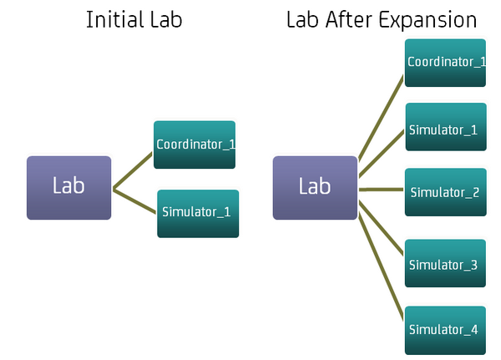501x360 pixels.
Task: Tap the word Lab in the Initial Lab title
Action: (164, 20)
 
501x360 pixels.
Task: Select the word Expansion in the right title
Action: (429, 20)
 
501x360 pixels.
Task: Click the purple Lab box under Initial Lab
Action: (68, 187)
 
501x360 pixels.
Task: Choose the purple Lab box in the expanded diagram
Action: (315, 187)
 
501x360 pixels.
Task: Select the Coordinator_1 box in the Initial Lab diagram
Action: (195, 145)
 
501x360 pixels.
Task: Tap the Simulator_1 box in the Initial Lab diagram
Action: (198, 212)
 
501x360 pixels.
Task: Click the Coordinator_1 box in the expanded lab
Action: (445, 62)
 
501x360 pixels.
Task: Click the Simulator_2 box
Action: (445, 191)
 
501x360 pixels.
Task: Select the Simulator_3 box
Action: (445, 263)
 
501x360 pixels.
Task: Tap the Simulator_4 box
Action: (445, 328)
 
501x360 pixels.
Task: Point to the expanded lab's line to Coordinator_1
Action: (381, 117)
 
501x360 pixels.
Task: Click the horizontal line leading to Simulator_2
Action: (382, 190)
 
